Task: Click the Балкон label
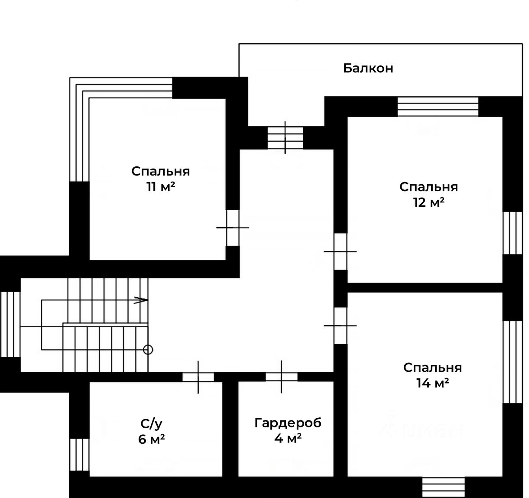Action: [x=368, y=68]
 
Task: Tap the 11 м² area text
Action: [x=160, y=187]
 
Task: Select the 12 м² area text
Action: [x=428, y=202]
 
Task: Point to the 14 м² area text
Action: [x=432, y=383]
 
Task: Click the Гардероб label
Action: [x=288, y=423]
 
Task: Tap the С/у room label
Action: [x=151, y=423]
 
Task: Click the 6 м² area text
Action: [x=151, y=439]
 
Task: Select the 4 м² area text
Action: [x=288, y=438]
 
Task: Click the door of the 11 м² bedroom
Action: [x=233, y=228]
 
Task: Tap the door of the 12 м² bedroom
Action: [x=341, y=251]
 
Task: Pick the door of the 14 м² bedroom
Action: [x=341, y=325]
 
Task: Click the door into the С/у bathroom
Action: [x=198, y=377]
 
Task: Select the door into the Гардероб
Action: [x=282, y=377]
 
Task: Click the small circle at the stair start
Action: [x=148, y=349]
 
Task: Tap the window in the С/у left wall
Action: [x=79, y=455]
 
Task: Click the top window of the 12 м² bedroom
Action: [x=438, y=107]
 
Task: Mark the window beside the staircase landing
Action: [x=10, y=324]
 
